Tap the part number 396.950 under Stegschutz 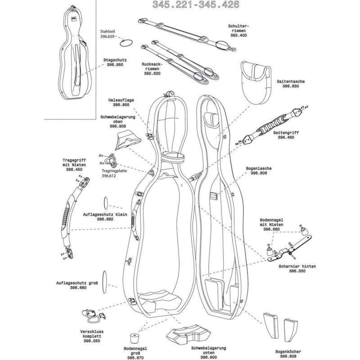tap(115, 65)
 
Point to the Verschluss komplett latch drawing tap(93, 315)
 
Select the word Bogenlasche tap(259, 168)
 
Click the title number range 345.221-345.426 tap(196, 5)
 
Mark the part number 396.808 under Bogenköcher tap(291, 356)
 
